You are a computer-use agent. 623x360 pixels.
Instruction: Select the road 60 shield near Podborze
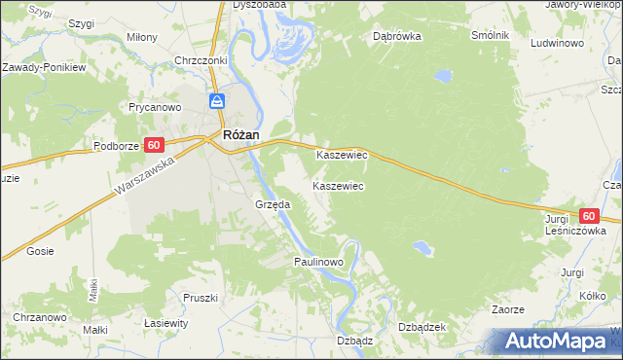[x=153, y=145]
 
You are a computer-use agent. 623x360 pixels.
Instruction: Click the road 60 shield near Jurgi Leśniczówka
[x=588, y=216]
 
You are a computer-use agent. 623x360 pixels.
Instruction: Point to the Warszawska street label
[x=142, y=173]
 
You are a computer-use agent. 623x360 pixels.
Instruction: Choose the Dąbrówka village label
[x=396, y=37]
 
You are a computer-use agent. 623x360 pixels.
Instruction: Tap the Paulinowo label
[x=319, y=263]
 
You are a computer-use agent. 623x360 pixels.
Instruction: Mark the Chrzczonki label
[x=201, y=60]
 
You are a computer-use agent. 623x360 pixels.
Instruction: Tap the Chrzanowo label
[x=39, y=318]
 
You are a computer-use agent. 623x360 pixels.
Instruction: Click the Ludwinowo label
[x=557, y=44]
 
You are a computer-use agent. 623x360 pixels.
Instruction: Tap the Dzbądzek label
[x=421, y=327]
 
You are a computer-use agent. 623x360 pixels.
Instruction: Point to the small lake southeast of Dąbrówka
[x=443, y=74]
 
